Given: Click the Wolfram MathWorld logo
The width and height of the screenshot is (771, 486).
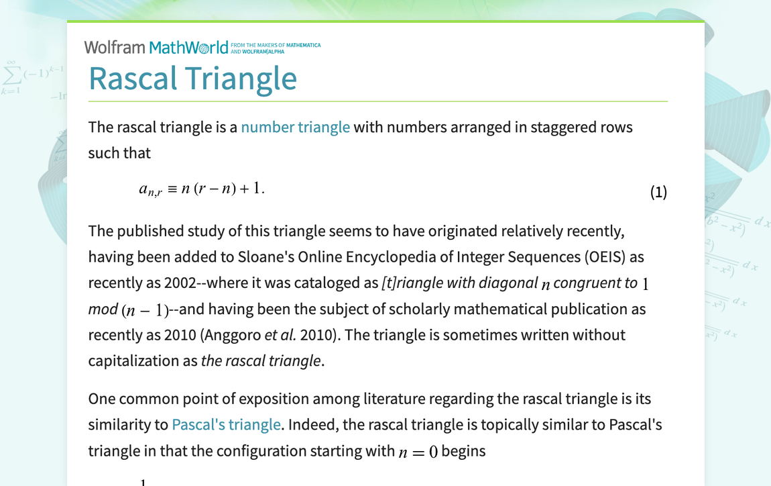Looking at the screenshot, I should (156, 47).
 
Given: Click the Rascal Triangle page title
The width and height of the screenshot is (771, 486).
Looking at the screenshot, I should (192, 78).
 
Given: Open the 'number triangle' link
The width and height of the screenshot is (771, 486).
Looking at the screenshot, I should (295, 127).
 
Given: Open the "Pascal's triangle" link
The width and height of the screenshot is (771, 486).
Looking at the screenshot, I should (226, 424).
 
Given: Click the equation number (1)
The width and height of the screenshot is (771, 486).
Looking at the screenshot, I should (658, 193).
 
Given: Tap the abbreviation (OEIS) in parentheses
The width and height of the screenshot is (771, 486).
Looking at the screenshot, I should (590, 256).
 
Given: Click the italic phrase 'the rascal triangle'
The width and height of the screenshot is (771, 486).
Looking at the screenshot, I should (261, 360).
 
